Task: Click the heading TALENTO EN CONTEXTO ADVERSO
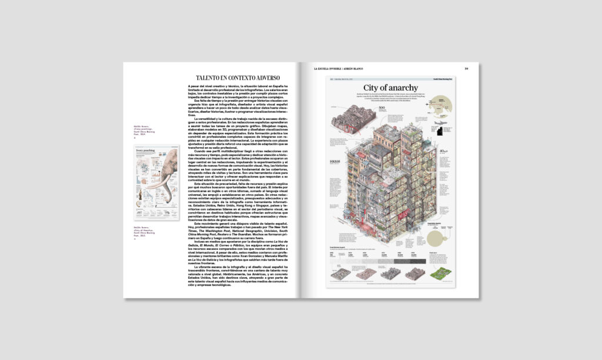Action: (x=238, y=78)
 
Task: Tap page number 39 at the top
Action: (x=466, y=68)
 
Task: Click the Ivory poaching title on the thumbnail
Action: (x=145, y=151)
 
